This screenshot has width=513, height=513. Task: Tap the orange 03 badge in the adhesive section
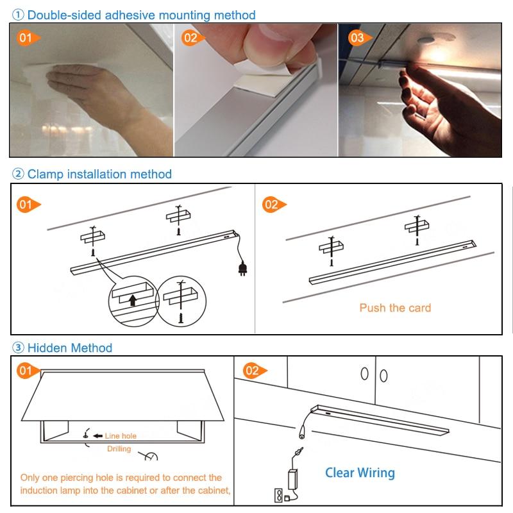coord(358,38)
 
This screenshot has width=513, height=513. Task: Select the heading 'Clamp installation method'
coord(99,174)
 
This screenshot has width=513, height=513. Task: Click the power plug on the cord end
coord(242,268)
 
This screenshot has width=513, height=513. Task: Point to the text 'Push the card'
coord(395,308)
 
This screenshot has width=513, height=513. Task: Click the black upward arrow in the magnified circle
coord(133,299)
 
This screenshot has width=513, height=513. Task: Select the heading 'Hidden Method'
coord(69,348)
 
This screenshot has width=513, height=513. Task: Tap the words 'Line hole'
coord(121,436)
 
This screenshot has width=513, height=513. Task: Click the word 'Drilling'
coord(119,449)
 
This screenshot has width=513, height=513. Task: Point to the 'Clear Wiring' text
coord(360,473)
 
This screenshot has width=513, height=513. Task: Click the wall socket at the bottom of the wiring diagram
coord(280,495)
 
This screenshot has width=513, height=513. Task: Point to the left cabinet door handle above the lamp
coord(364,374)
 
